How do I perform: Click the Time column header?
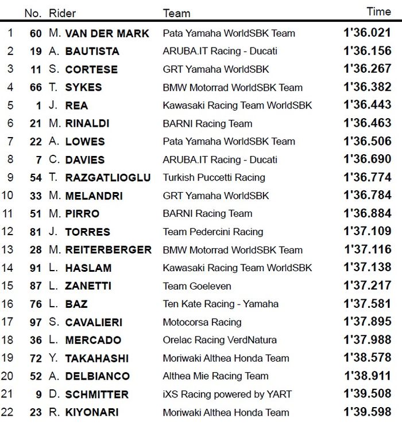(x=378, y=11)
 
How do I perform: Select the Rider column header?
(x=62, y=13)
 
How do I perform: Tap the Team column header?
(x=176, y=13)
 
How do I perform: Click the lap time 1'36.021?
(x=367, y=33)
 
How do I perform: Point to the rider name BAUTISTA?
(x=92, y=52)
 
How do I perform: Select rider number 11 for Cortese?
(x=36, y=69)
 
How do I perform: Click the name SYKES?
(x=83, y=88)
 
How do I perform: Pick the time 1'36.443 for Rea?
(x=367, y=105)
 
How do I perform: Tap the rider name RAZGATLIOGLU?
(x=108, y=178)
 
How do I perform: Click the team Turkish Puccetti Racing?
(x=214, y=178)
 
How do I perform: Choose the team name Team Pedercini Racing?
(x=212, y=232)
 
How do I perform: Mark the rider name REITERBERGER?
(x=108, y=250)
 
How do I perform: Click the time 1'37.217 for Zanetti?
(x=367, y=286)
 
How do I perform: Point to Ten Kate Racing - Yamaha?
(x=221, y=304)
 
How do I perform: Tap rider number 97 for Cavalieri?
(x=36, y=322)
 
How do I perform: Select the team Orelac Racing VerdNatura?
(x=219, y=340)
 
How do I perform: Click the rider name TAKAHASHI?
(x=96, y=358)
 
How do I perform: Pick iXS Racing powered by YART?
(x=227, y=394)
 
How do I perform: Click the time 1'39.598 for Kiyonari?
(x=367, y=412)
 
